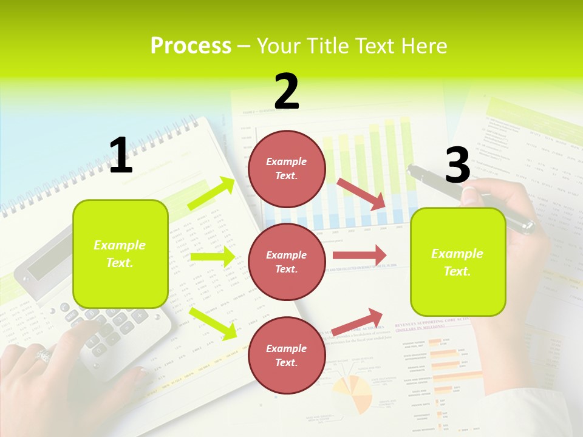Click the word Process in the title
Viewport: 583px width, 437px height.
tap(191, 46)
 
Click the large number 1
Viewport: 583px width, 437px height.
tap(121, 155)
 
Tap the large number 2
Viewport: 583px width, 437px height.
tap(287, 92)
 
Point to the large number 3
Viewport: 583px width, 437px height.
tap(457, 166)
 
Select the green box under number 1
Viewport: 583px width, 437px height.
tap(120, 254)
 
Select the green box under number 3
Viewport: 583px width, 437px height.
tap(458, 262)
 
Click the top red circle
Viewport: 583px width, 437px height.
tap(287, 169)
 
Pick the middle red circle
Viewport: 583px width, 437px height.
tap(287, 262)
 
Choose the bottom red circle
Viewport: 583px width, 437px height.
tap(287, 355)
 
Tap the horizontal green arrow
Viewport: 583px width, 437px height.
tap(212, 257)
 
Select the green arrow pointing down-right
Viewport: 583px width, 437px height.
tap(213, 323)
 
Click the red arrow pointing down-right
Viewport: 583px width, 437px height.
tap(361, 194)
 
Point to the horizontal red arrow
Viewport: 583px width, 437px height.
tap(359, 255)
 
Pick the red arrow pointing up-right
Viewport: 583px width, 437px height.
tap(358, 322)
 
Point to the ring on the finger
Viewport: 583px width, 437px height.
tap(44, 354)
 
